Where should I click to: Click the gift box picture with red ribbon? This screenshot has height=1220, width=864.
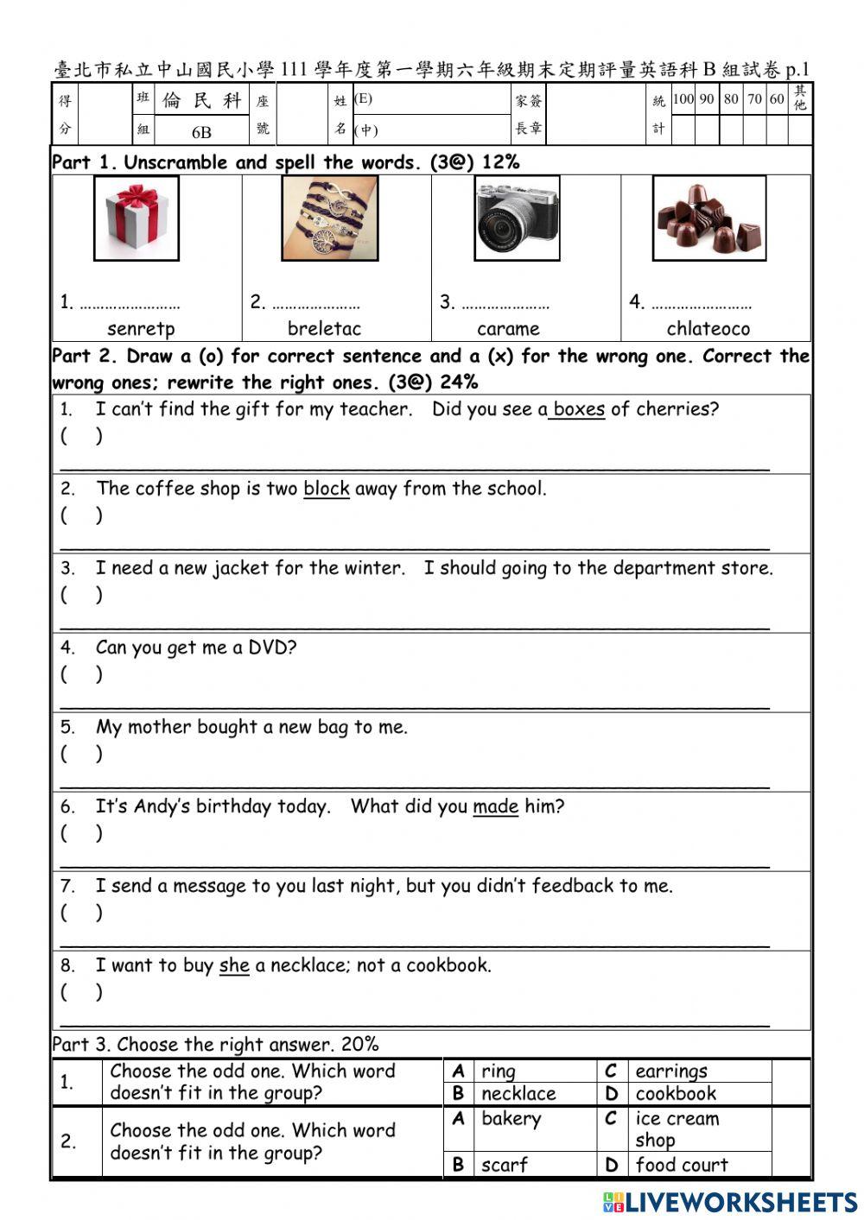click(x=137, y=218)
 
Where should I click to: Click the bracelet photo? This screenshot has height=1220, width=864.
click(x=329, y=218)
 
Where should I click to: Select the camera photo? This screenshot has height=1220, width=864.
click(x=517, y=218)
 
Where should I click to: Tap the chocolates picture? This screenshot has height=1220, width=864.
click(x=708, y=218)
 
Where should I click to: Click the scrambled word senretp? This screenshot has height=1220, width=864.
click(x=141, y=329)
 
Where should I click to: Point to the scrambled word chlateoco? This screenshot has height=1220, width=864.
click(x=708, y=329)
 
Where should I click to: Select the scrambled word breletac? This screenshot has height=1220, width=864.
click(x=324, y=329)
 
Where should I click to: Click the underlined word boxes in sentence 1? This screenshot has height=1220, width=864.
click(x=578, y=409)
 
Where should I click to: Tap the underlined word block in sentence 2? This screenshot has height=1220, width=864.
click(x=326, y=489)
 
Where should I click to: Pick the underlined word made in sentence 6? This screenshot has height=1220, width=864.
click(x=495, y=806)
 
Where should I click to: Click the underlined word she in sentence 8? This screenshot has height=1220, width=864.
click(x=234, y=965)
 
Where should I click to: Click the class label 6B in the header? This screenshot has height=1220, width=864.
click(x=201, y=132)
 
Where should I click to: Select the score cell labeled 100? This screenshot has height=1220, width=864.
click(x=683, y=99)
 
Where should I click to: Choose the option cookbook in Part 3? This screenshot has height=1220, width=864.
click(x=676, y=1094)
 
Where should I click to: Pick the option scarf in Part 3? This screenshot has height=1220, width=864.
click(x=504, y=1165)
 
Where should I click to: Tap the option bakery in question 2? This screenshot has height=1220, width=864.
click(x=511, y=1119)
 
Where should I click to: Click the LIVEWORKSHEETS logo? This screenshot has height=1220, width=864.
click(x=730, y=1202)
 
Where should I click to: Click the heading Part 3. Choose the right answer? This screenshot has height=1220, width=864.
click(x=215, y=1045)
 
